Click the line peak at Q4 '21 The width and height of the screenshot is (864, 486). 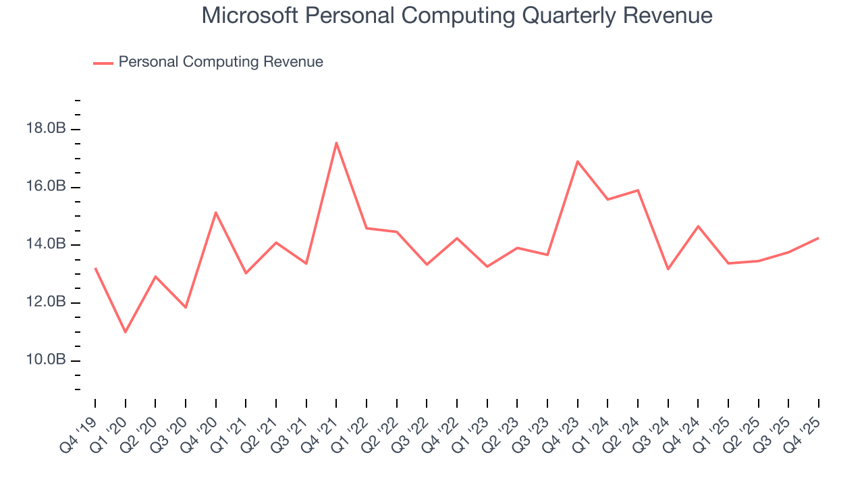pyautogui.click(x=336, y=142)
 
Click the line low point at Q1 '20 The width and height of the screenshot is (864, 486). pyautogui.click(x=125, y=332)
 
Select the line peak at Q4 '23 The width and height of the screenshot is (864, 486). pyautogui.click(x=578, y=161)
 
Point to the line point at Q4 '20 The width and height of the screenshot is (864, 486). pyautogui.click(x=215, y=213)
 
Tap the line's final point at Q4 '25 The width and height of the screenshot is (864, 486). pyautogui.click(x=819, y=238)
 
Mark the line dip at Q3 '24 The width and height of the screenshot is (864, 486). pyautogui.click(x=668, y=269)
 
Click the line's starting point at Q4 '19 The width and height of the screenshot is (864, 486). pyautogui.click(x=95, y=268)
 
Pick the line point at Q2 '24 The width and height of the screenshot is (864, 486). pyautogui.click(x=638, y=190)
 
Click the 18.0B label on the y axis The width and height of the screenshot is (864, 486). pyautogui.click(x=47, y=128)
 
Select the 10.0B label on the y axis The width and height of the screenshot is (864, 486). pyautogui.click(x=47, y=360)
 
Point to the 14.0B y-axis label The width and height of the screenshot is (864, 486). pyautogui.click(x=47, y=244)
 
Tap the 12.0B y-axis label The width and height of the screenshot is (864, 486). pyautogui.click(x=47, y=302)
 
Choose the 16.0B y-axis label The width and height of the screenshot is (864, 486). pyautogui.click(x=47, y=186)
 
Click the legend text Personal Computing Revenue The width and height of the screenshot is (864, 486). pyautogui.click(x=221, y=62)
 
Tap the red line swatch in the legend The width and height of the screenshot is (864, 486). pyautogui.click(x=103, y=63)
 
